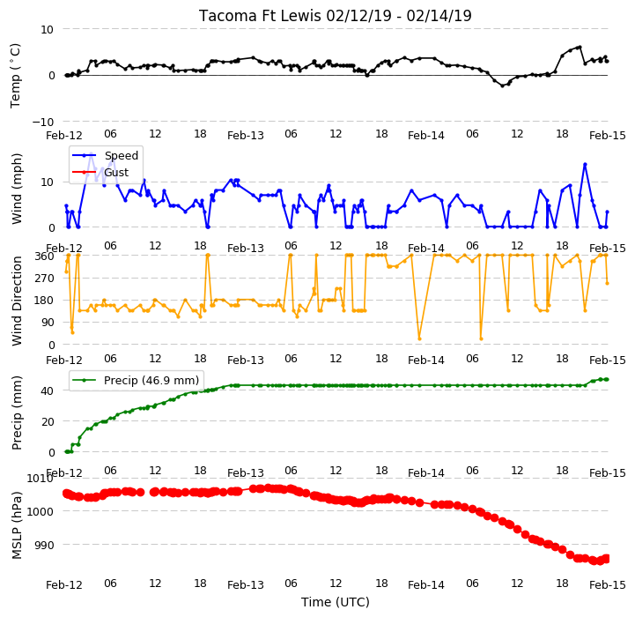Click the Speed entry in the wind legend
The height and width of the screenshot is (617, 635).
point(121,156)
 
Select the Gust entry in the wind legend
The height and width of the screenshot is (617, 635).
point(116,172)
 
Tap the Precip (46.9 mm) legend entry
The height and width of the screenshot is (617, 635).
point(151,380)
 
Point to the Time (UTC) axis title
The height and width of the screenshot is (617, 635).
point(336,602)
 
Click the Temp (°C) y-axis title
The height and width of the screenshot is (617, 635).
point(15,76)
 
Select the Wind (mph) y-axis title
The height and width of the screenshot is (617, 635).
point(16,189)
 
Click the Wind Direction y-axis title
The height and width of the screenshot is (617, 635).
point(16,301)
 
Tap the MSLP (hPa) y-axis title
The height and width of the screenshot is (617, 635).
point(16,525)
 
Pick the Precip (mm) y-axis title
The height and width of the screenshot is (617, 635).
point(16,413)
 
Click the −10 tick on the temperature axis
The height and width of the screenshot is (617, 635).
point(42,122)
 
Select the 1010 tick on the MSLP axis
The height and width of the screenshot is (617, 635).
point(40,479)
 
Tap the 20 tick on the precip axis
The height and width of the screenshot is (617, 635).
point(48,421)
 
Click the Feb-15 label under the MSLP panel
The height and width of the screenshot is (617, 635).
point(608,585)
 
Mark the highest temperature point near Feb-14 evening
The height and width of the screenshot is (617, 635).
point(580,47)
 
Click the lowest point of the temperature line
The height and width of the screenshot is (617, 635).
point(503,85)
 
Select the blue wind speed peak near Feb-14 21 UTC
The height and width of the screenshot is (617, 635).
point(585,165)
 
